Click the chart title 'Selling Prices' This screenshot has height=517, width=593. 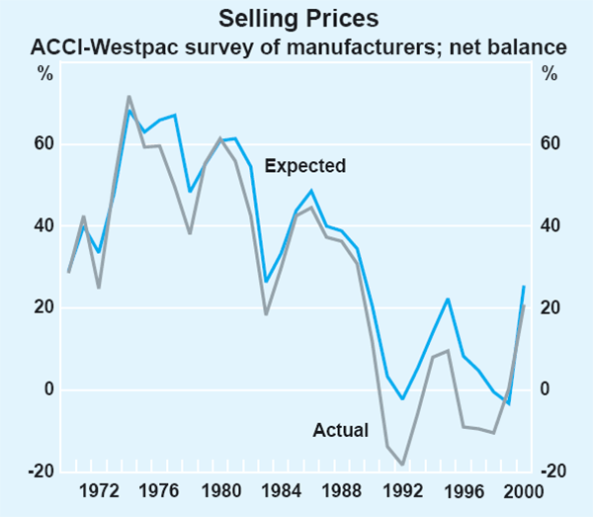pyautogui.click(x=296, y=19)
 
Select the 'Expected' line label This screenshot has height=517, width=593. pyautogui.click(x=305, y=166)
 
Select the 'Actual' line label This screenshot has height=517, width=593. pyautogui.click(x=340, y=430)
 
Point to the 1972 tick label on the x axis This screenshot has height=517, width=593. pyautogui.click(x=99, y=490)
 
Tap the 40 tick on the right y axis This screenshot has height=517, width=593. pyautogui.click(x=550, y=226)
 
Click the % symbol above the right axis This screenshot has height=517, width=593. pyautogui.click(x=549, y=74)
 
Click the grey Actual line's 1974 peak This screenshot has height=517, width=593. pyautogui.click(x=129, y=97)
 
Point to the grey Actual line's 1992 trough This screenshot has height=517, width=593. pyautogui.click(x=402, y=463)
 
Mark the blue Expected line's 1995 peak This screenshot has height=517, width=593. pyautogui.click(x=448, y=299)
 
